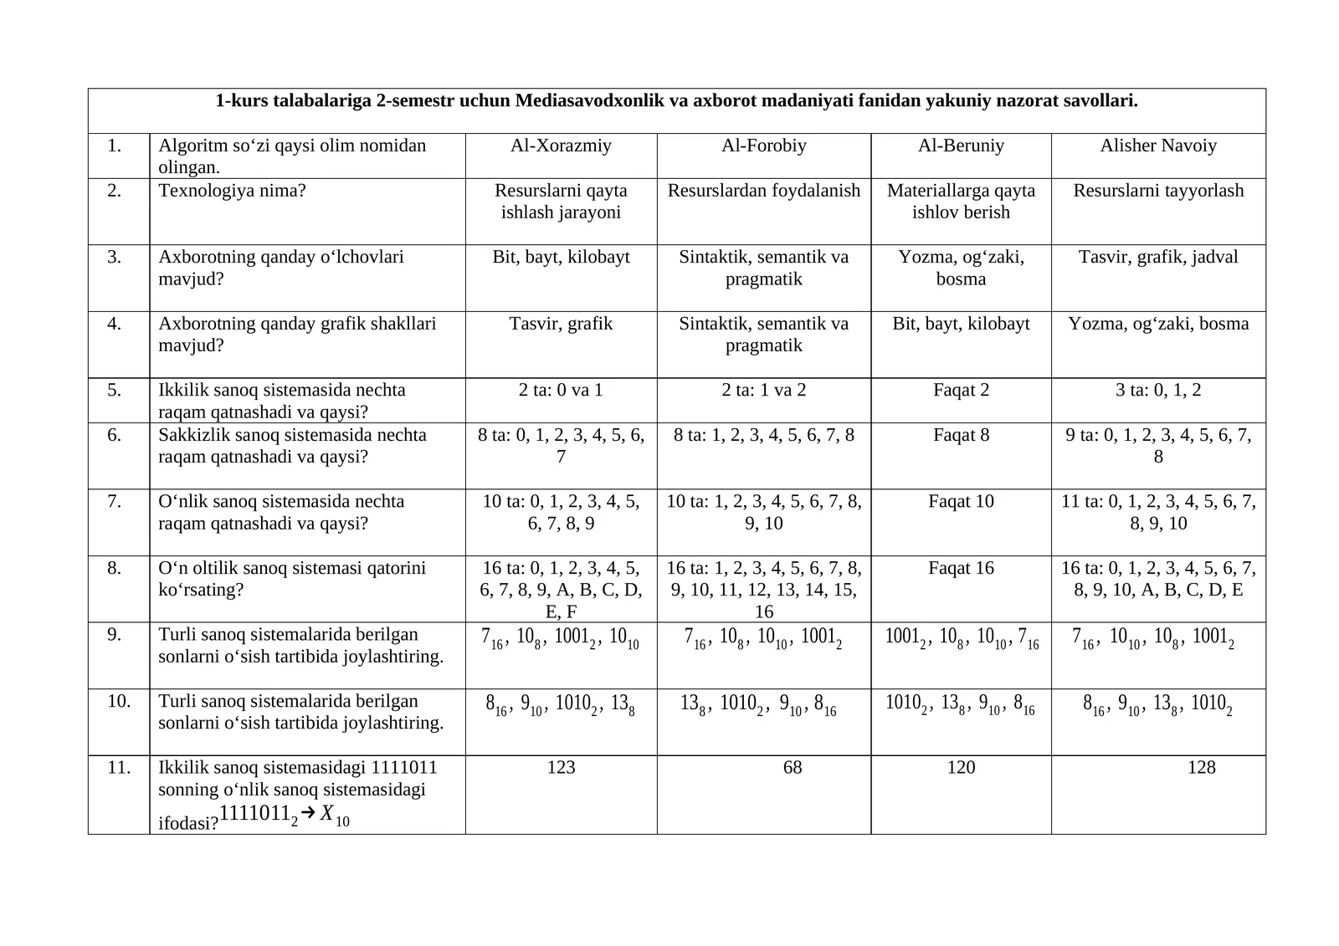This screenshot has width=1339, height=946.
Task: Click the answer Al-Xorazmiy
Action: pyautogui.click(x=561, y=146)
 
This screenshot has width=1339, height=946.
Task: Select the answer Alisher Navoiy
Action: pyautogui.click(x=1158, y=146)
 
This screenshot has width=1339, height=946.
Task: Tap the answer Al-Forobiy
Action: pyautogui.click(x=763, y=146)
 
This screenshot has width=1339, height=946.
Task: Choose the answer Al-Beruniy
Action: pyautogui.click(x=961, y=146)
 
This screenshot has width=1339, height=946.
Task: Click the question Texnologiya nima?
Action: pyautogui.click(x=233, y=191)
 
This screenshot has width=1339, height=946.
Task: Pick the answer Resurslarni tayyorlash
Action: pyautogui.click(x=1158, y=191)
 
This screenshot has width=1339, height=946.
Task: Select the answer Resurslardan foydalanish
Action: pyautogui.click(x=763, y=191)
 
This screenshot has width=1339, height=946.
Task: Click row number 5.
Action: pyautogui.click(x=115, y=390)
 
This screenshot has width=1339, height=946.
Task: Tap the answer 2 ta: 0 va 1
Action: pyautogui.click(x=561, y=390)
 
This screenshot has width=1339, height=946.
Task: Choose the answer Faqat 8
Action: pyautogui.click(x=961, y=435)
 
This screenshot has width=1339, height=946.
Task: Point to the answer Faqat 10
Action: pyautogui.click(x=961, y=501)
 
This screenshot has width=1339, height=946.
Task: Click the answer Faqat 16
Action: pyautogui.click(x=961, y=568)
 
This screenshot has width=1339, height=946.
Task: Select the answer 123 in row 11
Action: pyautogui.click(x=561, y=767)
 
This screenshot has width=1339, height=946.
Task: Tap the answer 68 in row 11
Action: pyautogui.click(x=793, y=767)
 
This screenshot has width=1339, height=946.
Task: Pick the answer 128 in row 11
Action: pyautogui.click(x=1201, y=767)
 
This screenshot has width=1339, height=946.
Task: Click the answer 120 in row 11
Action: pyautogui.click(x=961, y=767)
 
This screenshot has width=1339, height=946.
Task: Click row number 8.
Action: pyautogui.click(x=115, y=568)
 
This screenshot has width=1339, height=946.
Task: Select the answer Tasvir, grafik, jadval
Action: pyautogui.click(x=1158, y=257)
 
